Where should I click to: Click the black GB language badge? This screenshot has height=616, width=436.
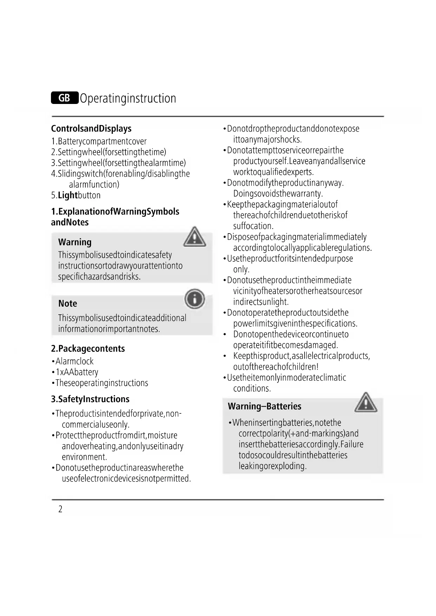pos(64,98)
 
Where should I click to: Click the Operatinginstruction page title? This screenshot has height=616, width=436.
pos(128,98)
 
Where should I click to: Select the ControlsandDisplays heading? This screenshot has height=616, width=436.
pos(91,129)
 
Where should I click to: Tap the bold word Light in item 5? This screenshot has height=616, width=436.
pos(68,195)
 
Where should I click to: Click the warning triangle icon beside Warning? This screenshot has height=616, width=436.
pos(195,237)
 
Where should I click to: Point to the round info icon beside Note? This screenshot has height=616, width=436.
pos(195,299)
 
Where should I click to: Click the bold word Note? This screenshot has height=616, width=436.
pos(67,303)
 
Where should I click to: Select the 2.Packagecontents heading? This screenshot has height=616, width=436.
pos(88,348)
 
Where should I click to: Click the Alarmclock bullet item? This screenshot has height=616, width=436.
pos(74,361)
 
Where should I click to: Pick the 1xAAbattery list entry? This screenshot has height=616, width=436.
pos(77,372)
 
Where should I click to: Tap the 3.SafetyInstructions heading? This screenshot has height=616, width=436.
pos(90,399)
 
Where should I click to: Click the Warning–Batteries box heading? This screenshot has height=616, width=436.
pos(265,406)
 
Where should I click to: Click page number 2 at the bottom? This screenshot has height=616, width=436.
pos(60,509)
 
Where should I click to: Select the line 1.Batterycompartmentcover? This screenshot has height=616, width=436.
pos(99,141)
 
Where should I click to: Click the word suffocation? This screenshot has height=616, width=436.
pos(253,226)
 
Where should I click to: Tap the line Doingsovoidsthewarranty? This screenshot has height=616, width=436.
pos(278,194)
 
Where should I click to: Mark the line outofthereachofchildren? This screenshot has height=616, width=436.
pos(276,367)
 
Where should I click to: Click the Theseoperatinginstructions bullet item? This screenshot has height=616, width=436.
pos(102,383)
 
